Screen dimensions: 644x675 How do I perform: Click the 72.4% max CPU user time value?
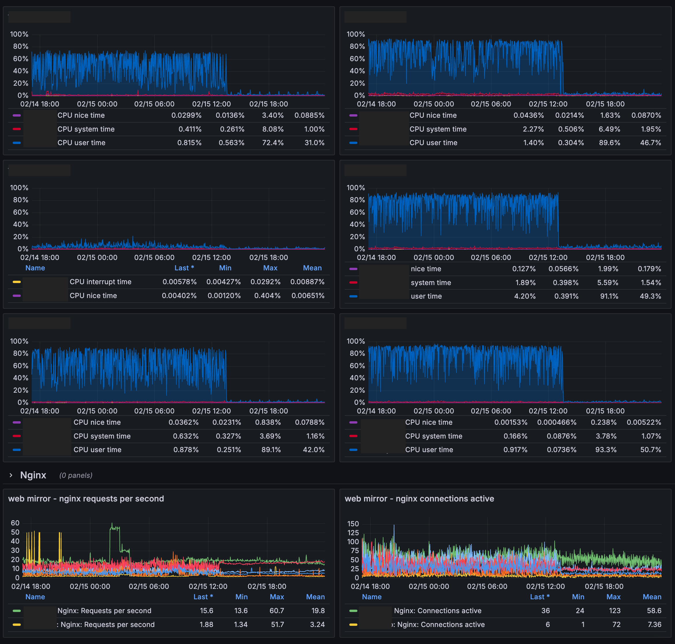(x=273, y=143)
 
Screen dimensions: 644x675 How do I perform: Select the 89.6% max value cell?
(x=609, y=143)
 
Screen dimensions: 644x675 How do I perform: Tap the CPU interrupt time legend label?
(x=100, y=282)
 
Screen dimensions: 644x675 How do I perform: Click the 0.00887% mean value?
(x=307, y=282)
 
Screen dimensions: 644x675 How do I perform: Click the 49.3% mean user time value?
(x=650, y=296)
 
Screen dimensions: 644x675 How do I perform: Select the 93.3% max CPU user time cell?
(x=606, y=450)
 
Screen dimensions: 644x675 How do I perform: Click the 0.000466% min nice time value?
(x=557, y=422)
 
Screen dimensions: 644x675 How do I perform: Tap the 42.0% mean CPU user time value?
(x=313, y=450)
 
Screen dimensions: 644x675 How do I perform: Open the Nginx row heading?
(x=33, y=475)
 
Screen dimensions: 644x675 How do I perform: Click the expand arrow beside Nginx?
(x=11, y=475)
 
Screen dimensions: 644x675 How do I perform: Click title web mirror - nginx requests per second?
(x=86, y=499)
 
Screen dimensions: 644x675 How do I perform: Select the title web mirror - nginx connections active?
(x=419, y=499)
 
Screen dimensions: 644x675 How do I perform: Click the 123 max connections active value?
(x=615, y=611)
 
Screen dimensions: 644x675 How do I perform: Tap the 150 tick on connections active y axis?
(x=353, y=524)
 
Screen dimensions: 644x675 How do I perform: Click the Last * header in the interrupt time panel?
(x=184, y=268)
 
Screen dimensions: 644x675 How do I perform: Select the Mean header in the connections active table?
(x=652, y=597)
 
